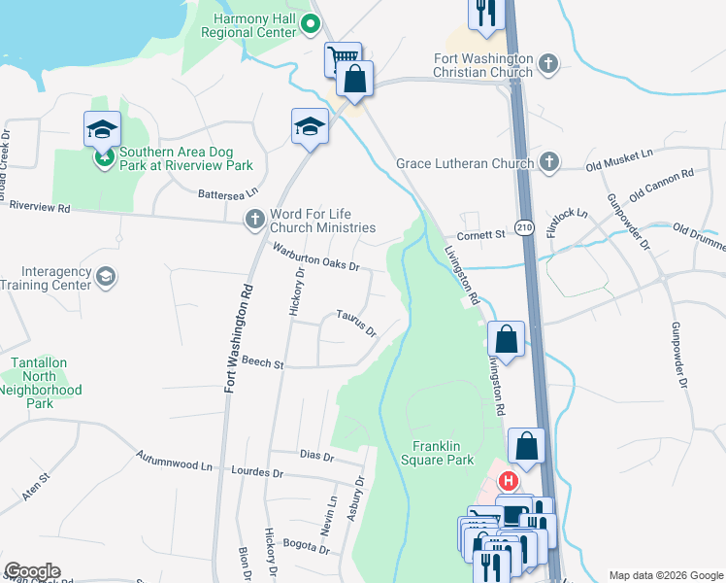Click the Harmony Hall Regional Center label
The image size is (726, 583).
point(247,25)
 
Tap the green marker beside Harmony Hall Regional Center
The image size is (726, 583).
point(311,25)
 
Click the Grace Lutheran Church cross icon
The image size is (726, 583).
point(548,163)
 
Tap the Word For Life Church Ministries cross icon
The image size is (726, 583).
point(255,221)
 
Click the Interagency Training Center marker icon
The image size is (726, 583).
point(106,278)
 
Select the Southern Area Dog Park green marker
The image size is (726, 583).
point(102,155)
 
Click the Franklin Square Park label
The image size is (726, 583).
point(437,452)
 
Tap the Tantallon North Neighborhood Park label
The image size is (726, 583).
point(40,382)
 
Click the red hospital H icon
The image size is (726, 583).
point(508,481)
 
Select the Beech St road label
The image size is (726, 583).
point(263,364)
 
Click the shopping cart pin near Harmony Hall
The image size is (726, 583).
point(342,57)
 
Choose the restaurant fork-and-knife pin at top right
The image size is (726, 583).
point(483,13)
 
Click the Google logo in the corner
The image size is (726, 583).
point(32,571)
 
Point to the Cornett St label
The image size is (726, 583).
point(481,234)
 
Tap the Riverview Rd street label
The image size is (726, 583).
point(40,207)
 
